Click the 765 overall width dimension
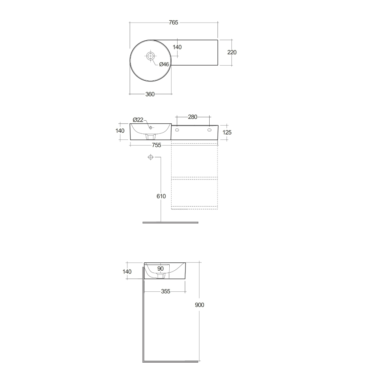(x=173, y=23)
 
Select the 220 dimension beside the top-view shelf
(x=232, y=52)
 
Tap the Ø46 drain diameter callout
(x=164, y=64)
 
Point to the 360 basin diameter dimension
(x=150, y=94)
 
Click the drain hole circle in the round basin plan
(x=150, y=57)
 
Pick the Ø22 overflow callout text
(x=138, y=120)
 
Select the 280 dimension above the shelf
(x=193, y=117)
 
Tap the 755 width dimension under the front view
(x=156, y=145)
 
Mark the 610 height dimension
(x=161, y=196)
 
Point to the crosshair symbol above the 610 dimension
(x=150, y=157)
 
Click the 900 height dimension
(x=199, y=305)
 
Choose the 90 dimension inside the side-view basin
(x=160, y=268)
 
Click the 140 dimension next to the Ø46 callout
(x=177, y=47)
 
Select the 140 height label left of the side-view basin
(x=127, y=271)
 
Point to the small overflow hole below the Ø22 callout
(x=150, y=128)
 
